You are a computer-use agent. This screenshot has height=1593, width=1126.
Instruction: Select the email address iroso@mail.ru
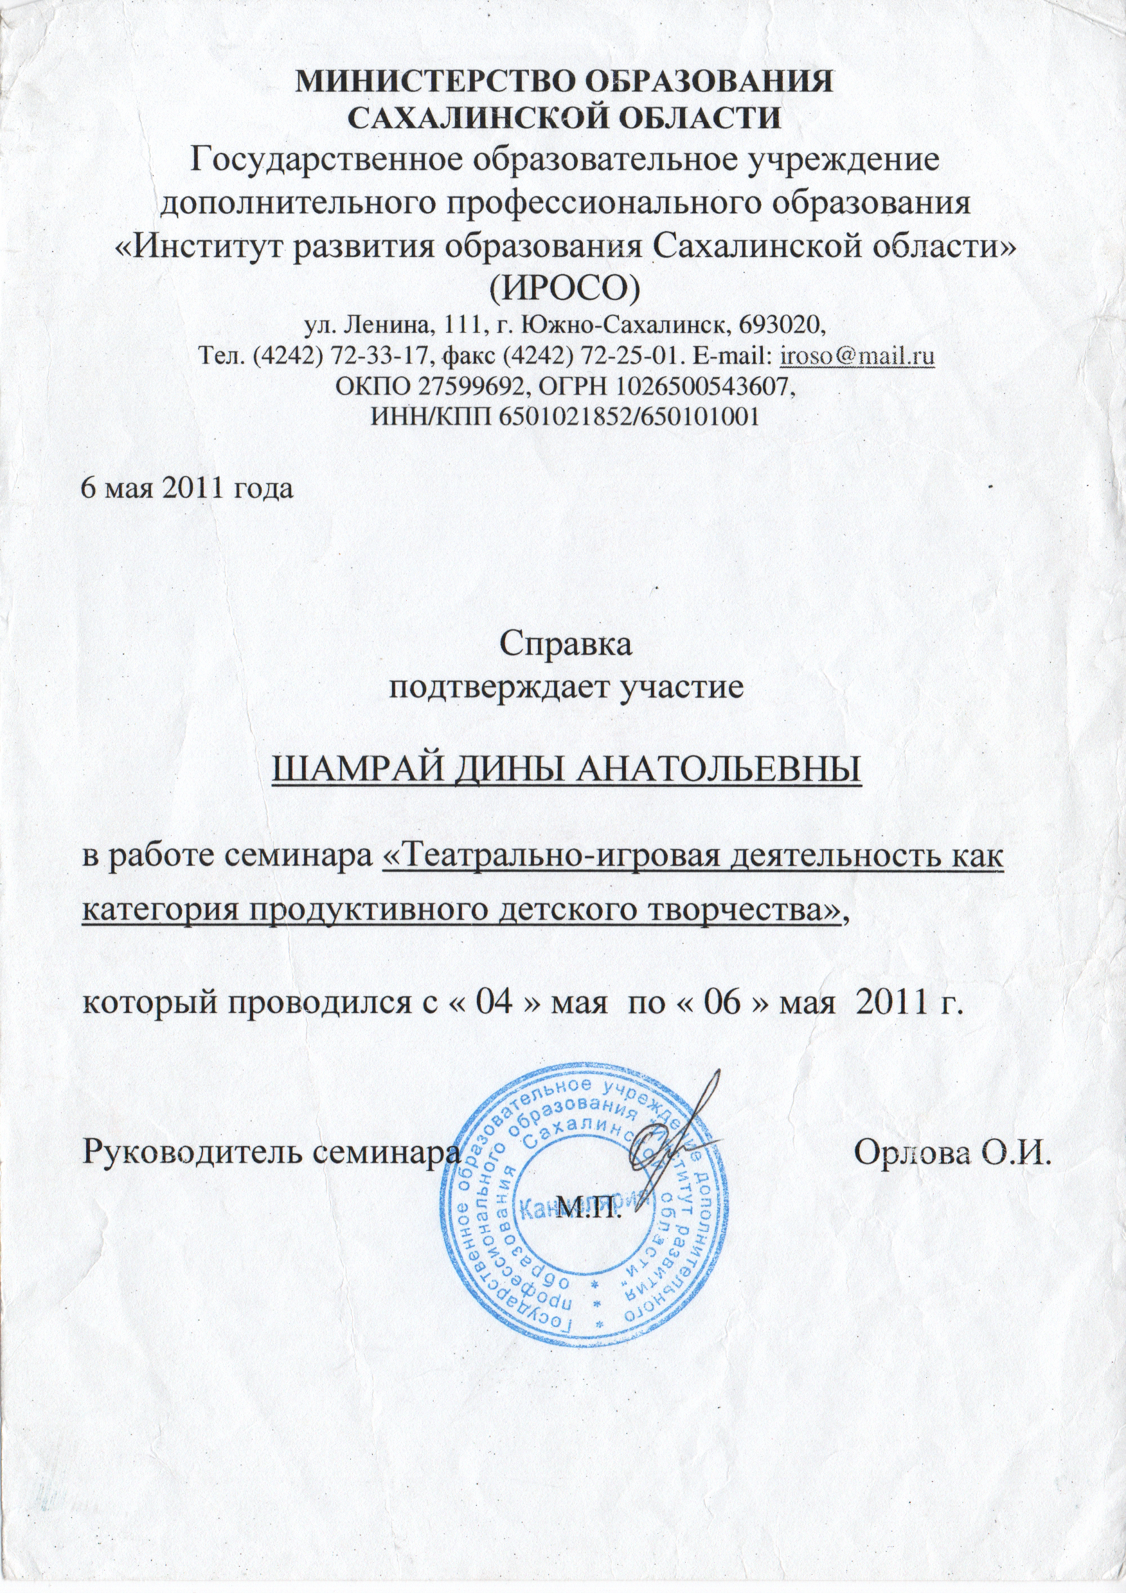857,356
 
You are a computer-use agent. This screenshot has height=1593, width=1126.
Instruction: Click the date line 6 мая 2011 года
188,488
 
